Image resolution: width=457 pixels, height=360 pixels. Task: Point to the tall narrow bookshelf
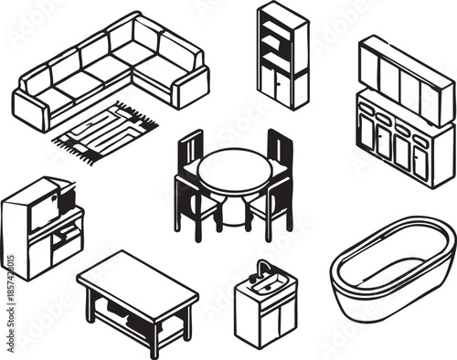tap(282, 55)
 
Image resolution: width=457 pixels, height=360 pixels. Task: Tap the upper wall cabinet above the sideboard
tap(406, 79)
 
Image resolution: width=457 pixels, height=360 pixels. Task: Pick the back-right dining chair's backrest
tap(279, 151)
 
